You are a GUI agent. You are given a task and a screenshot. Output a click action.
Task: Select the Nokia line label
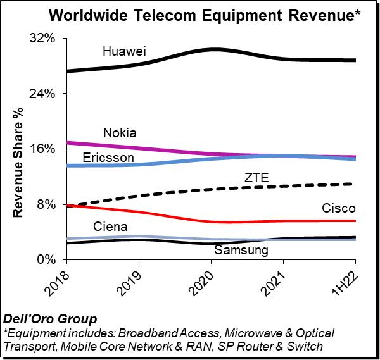pyautogui.click(x=120, y=133)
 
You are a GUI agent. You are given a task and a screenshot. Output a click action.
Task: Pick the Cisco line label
pyautogui.click(x=338, y=208)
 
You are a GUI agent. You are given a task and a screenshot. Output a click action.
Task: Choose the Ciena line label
pyautogui.click(x=110, y=227)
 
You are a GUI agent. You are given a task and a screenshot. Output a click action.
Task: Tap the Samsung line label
pyautogui.click(x=241, y=250)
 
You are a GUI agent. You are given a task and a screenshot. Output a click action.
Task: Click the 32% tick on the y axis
pyautogui.click(x=47, y=39)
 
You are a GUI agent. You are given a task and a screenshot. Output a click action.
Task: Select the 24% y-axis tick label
pyautogui.click(x=47, y=94)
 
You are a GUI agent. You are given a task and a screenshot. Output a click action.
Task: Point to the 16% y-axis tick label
pyautogui.click(x=47, y=149)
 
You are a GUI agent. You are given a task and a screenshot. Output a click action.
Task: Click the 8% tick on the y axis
pyautogui.click(x=50, y=204)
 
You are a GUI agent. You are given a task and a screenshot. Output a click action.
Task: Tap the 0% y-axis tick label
pyautogui.click(x=50, y=259)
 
